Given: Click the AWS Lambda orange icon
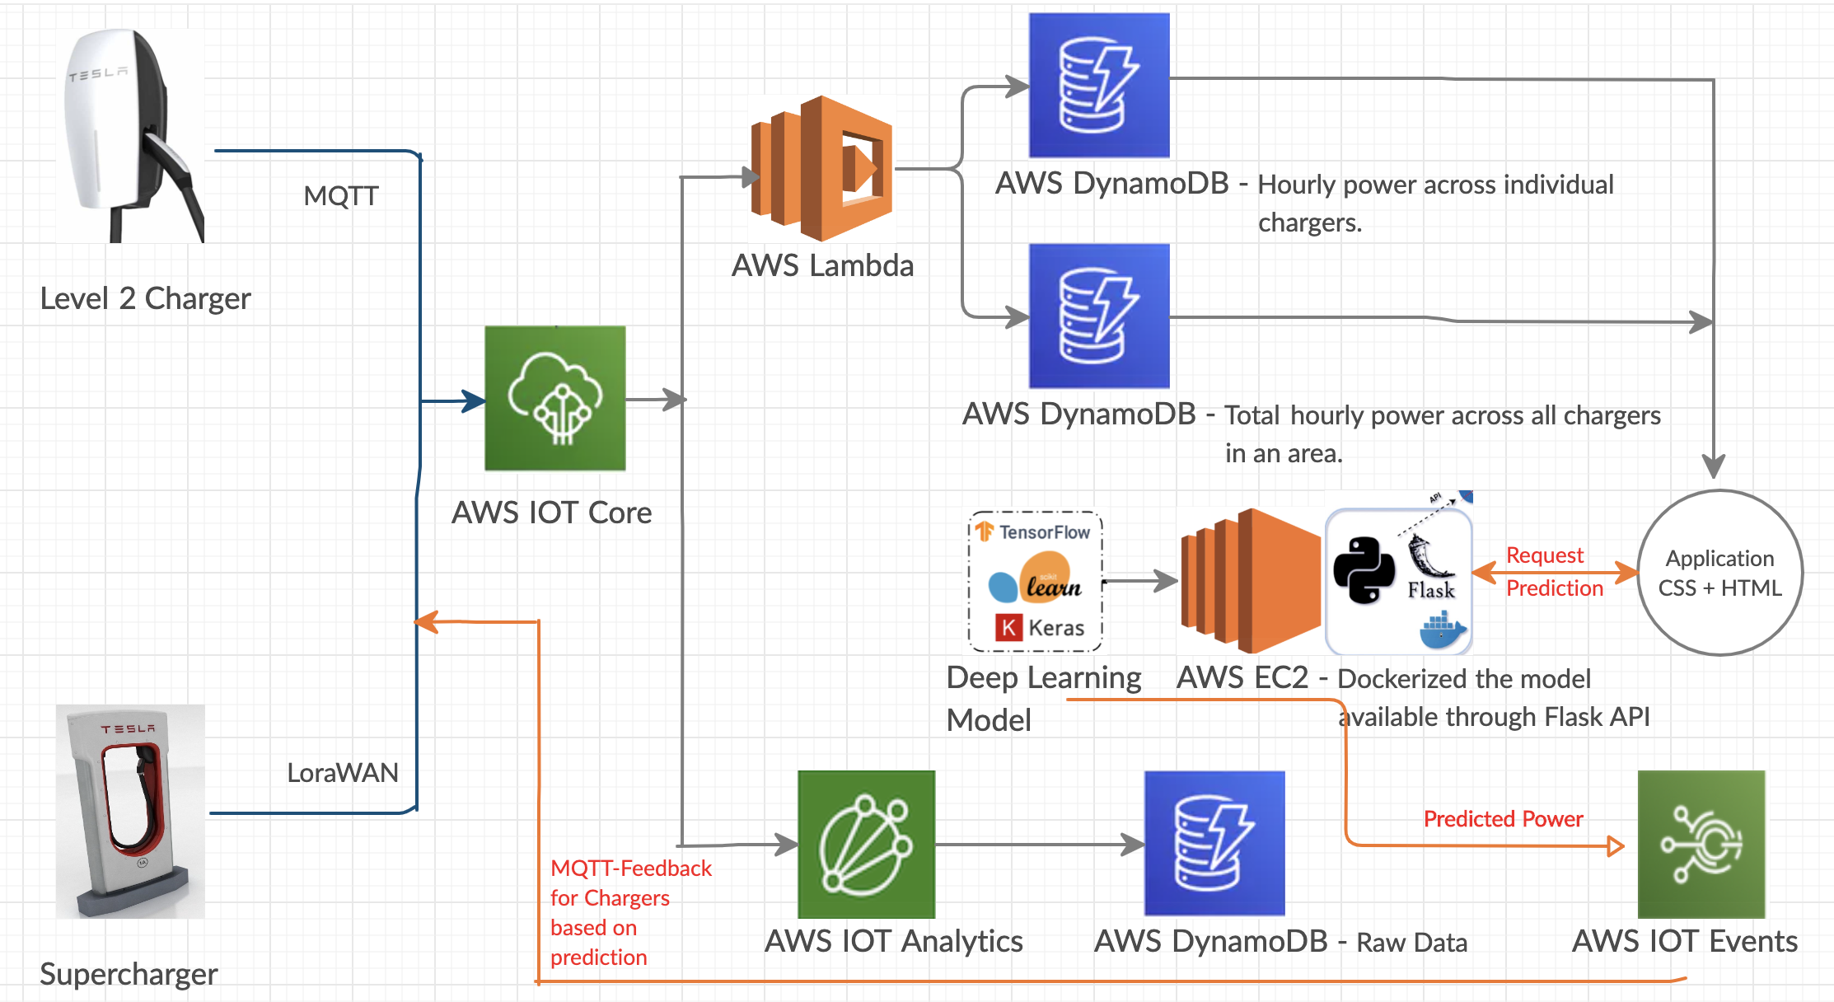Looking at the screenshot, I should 822,169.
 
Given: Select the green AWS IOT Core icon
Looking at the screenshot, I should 554,398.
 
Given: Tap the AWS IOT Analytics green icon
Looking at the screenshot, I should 866,844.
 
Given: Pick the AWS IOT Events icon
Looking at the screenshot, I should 1701,844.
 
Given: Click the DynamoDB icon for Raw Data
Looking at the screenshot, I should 1214,844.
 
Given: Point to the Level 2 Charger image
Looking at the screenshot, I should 132,136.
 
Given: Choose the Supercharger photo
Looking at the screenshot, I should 130,811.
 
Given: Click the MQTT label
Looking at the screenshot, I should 341,196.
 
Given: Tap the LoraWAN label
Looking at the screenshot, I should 342,773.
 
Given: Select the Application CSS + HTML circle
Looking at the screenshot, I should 1719,573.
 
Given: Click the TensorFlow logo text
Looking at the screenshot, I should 1044,532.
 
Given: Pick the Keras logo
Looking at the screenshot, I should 1040,628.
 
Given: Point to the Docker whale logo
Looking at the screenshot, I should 1443,630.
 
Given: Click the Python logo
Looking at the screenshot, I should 1364,570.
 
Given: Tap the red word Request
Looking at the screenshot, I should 1544,555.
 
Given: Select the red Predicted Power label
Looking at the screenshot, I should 1503,819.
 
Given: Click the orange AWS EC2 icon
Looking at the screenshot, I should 1250,581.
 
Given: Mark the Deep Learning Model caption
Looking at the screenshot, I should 1043,698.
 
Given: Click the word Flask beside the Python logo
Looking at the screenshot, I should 1431,590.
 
